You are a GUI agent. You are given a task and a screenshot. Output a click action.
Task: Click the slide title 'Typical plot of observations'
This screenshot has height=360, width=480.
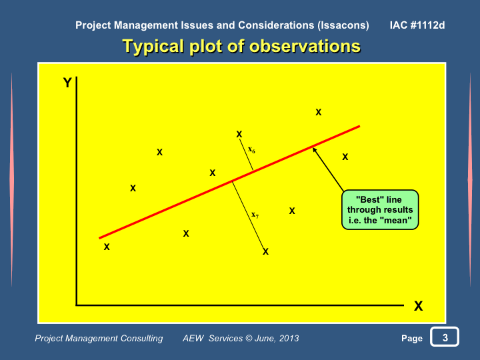241,47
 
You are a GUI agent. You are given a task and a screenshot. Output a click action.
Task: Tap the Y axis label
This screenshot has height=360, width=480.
67,83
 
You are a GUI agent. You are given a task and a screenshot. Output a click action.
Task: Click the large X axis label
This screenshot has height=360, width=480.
418,306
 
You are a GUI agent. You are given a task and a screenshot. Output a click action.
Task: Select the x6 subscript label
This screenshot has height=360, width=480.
251,150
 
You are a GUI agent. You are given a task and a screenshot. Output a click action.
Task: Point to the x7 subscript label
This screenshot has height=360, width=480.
255,215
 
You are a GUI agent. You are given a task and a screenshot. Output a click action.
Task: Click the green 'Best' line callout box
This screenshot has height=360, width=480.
380,210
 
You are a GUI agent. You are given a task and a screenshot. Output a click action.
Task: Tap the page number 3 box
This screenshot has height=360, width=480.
445,337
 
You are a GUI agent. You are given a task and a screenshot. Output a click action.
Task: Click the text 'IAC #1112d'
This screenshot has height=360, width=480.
417,25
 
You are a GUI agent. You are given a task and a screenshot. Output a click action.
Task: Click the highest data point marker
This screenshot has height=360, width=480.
319,113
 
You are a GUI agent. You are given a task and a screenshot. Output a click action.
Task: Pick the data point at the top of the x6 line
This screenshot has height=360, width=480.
239,134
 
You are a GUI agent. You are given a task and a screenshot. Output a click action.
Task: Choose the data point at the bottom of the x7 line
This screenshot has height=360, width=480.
265,251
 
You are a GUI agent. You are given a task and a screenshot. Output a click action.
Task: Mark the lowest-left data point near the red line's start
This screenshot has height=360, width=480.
107,247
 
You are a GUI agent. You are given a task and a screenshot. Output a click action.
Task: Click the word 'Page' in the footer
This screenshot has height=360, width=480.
412,338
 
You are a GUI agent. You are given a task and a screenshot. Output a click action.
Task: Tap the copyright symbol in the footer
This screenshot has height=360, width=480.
249,338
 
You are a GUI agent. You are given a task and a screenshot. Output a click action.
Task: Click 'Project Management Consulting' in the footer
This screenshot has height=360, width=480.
99,338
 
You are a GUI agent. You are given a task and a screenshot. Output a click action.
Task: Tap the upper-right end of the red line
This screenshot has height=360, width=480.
360,126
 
